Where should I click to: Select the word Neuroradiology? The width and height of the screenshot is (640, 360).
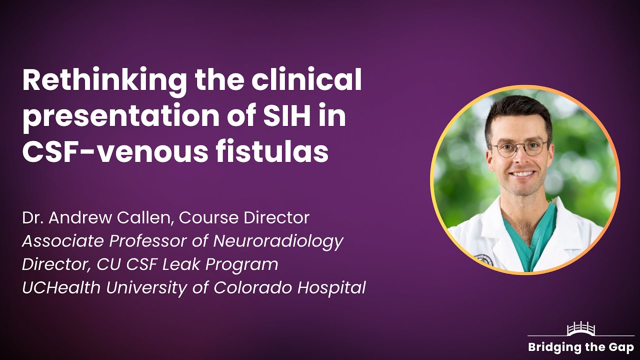coord(278,241)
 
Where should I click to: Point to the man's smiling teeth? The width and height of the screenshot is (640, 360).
coord(522,174)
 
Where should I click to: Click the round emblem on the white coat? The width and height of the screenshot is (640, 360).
coord(484,259)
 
